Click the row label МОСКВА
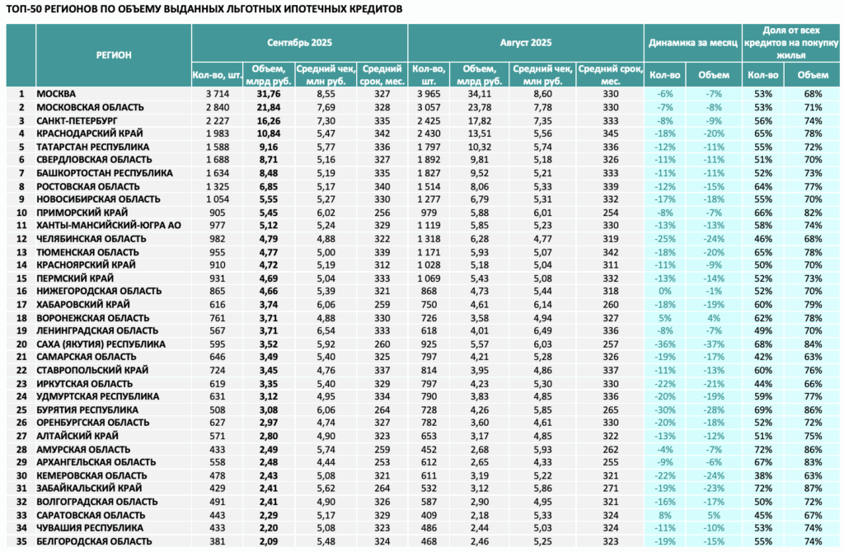(56, 94)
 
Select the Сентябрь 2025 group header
(299, 43)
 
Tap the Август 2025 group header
(525, 43)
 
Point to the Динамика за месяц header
(692, 43)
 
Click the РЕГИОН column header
(114, 55)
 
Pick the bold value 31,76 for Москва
(269, 94)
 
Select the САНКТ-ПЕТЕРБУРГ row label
(77, 120)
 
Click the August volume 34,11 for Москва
(479, 94)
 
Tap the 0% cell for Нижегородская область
(665, 291)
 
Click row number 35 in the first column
(21, 541)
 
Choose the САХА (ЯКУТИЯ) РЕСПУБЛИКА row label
(101, 344)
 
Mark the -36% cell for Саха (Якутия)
(665, 344)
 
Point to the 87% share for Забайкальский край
(813, 489)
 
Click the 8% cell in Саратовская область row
(665, 515)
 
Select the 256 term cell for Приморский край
(382, 213)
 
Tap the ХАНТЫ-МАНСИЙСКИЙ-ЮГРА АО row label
(109, 226)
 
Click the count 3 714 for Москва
(218, 94)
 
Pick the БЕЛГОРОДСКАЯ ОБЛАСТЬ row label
(94, 541)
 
